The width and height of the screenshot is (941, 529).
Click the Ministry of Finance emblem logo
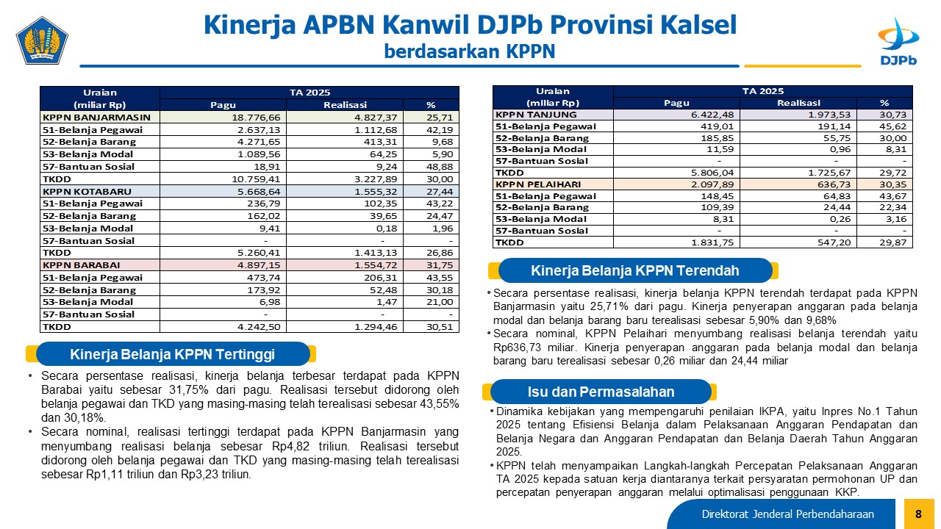tap(42, 40)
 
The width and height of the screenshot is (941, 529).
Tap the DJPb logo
tap(898, 41)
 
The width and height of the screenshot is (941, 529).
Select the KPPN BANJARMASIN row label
tap(96, 117)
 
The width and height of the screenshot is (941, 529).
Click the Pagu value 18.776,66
tap(256, 117)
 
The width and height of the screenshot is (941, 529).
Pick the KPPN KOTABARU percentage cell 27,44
tap(440, 192)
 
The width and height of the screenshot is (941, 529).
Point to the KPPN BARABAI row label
tap(81, 265)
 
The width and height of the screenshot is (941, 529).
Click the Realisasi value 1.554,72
tap(376, 265)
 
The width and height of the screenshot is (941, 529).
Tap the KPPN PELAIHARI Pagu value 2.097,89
tap(712, 184)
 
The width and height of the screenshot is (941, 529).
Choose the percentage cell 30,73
tap(893, 115)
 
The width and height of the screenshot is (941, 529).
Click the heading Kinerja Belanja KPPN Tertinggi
tap(172, 354)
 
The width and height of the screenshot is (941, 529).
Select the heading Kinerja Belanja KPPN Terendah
tap(634, 271)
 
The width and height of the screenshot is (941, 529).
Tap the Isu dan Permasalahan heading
tap(601, 392)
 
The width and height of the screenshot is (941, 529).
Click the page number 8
tap(918, 514)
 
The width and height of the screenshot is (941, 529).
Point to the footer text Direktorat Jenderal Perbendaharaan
tap(787, 514)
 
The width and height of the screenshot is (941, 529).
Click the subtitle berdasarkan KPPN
tap(470, 51)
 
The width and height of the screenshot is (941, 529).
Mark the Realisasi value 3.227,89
tap(376, 179)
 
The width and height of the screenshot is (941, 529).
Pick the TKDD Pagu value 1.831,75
tap(712, 242)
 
